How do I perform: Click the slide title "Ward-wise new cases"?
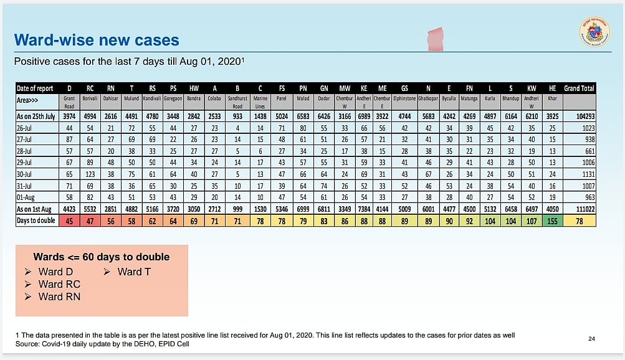(97, 41)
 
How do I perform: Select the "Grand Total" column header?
(580, 88)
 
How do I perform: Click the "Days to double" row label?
(36, 220)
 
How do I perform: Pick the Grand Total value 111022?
(580, 209)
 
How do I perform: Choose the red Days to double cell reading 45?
(69, 220)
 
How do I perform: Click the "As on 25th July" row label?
(36, 116)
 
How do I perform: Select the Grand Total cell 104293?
(580, 116)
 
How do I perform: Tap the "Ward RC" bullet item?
(59, 284)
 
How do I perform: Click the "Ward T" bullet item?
(133, 272)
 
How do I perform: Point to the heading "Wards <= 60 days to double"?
(101, 257)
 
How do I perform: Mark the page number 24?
(591, 339)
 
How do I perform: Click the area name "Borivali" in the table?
(90, 98)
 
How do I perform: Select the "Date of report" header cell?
(36, 88)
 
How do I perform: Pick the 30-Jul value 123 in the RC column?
(90, 174)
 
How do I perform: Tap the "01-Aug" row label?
(28, 197)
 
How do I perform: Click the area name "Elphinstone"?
(404, 98)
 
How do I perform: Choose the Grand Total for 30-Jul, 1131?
(580, 174)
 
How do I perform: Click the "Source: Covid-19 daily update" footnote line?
(102, 344)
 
